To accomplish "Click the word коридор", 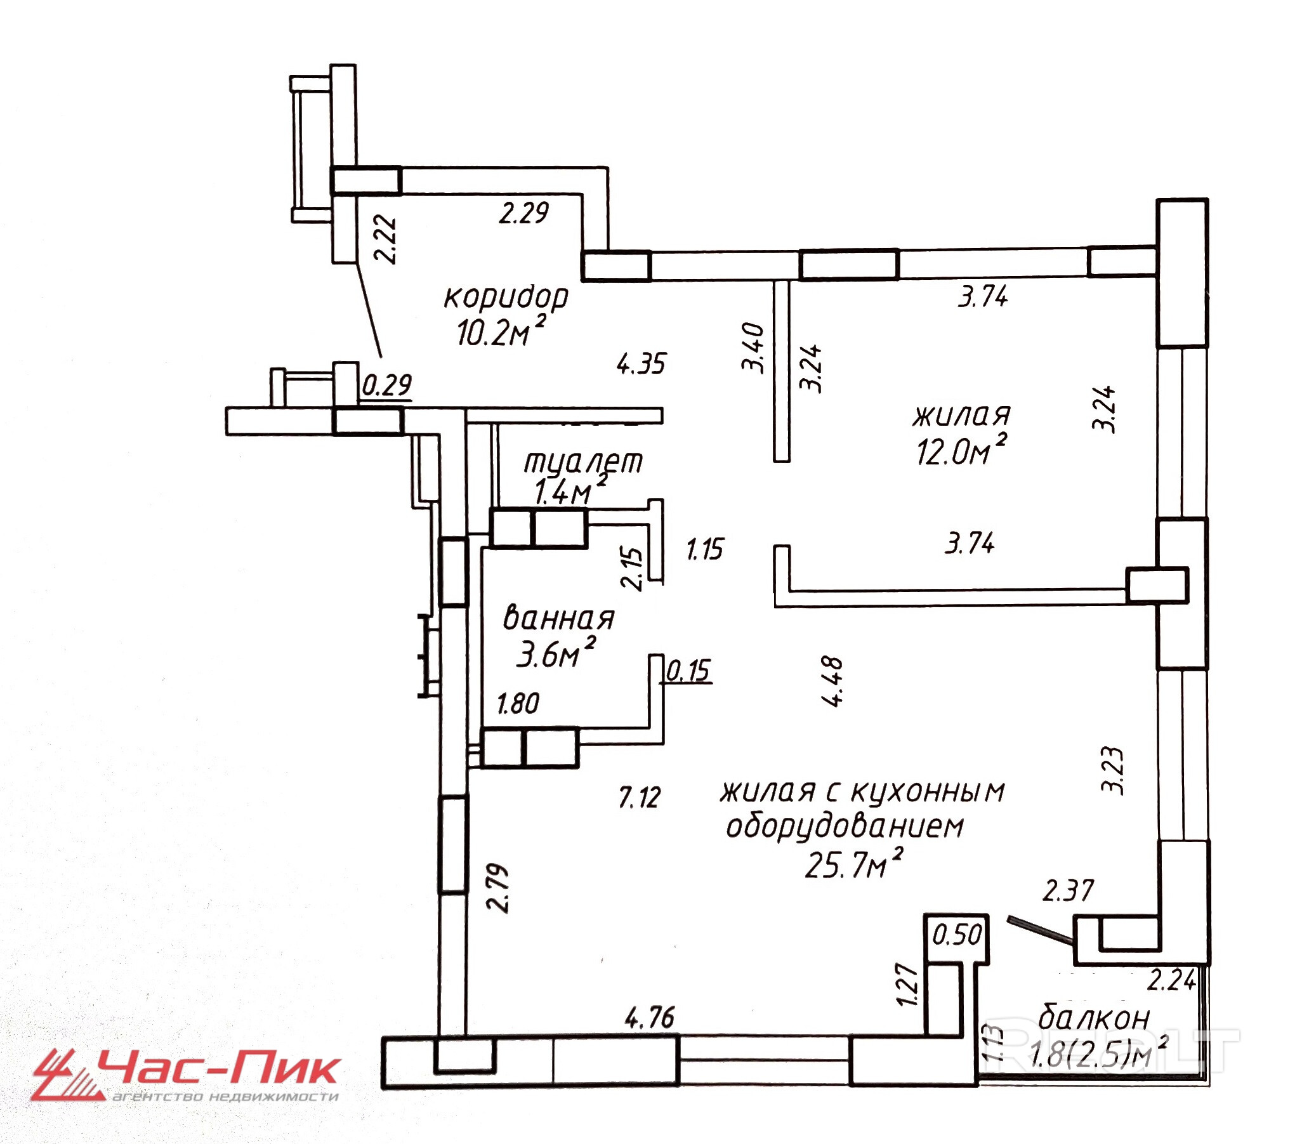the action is (506, 297).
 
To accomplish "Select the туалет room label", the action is (583, 461).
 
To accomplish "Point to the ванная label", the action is (559, 619).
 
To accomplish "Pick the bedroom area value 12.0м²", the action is (961, 449).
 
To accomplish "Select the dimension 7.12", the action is (640, 798).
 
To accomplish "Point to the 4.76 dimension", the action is (648, 1018).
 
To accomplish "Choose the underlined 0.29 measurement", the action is (387, 386).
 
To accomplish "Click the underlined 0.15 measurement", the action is (688, 671).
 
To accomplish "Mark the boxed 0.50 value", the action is (956, 936).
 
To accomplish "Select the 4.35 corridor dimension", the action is (641, 365).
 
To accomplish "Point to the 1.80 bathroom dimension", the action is (518, 704).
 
